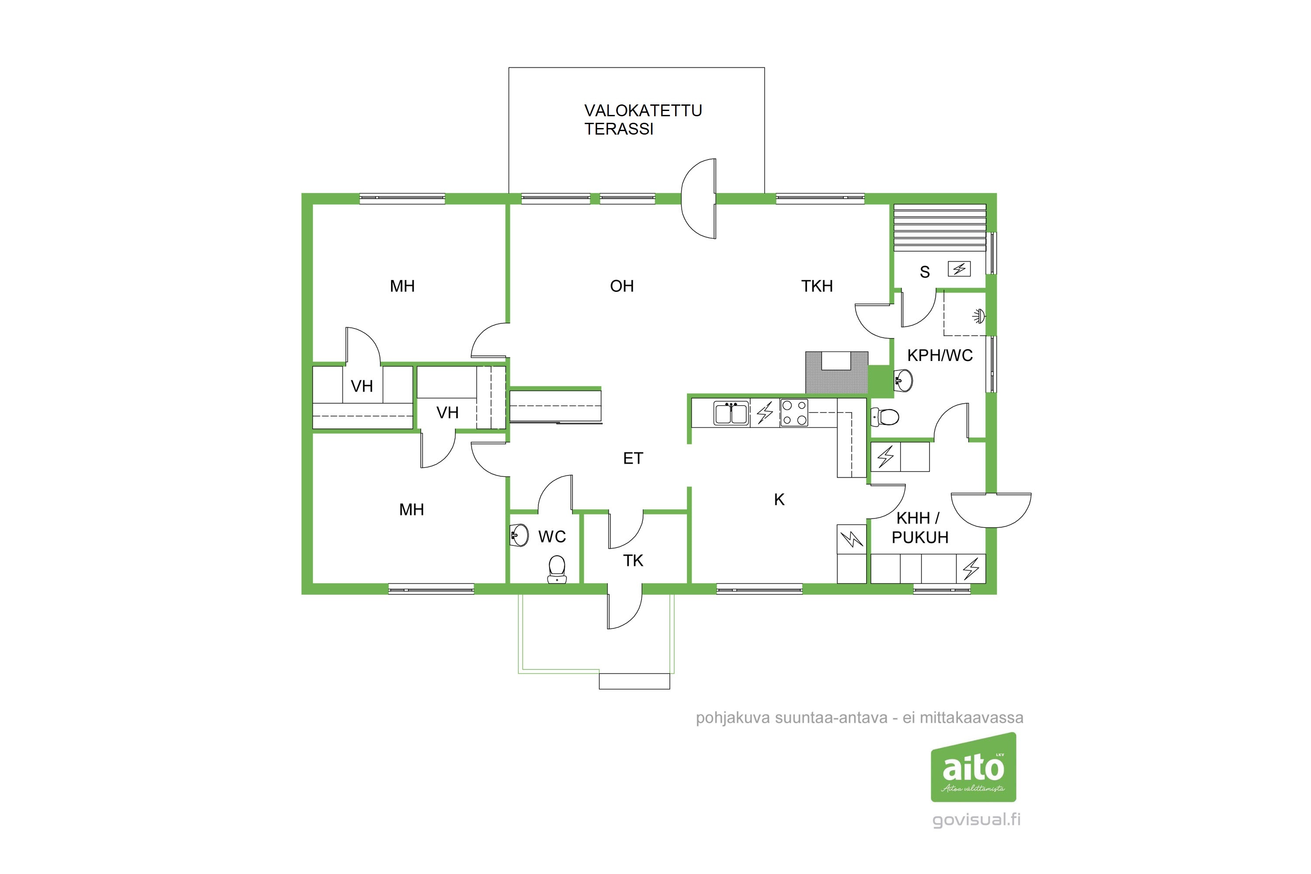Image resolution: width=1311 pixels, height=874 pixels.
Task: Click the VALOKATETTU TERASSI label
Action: (x=643, y=119)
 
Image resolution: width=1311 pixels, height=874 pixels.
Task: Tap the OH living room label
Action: (x=622, y=286)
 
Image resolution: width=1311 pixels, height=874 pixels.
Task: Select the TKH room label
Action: (x=817, y=286)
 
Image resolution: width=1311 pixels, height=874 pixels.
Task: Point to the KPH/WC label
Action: (x=940, y=355)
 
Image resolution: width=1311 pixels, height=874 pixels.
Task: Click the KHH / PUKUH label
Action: (x=920, y=527)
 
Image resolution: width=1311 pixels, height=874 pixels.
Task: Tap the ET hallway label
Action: (x=633, y=458)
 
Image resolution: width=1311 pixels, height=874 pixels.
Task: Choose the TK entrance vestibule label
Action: (x=633, y=560)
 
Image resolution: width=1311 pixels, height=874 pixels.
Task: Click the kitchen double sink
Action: (x=731, y=413)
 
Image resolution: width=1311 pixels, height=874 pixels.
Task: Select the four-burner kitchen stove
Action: (x=794, y=413)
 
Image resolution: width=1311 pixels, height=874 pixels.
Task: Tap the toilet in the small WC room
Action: (x=557, y=569)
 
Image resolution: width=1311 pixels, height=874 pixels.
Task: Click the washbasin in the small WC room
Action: (x=520, y=536)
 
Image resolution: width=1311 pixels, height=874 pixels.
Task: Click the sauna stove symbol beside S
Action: (x=959, y=269)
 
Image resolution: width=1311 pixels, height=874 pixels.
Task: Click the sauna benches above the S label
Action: (x=940, y=229)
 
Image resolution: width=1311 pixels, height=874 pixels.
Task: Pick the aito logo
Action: (x=973, y=767)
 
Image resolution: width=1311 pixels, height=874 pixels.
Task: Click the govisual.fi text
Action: (x=977, y=820)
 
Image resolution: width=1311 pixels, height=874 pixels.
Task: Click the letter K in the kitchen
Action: (x=779, y=499)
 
